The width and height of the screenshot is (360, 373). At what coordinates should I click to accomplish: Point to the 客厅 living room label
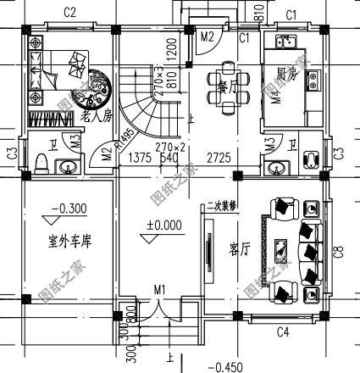pyautogui.click(x=239, y=250)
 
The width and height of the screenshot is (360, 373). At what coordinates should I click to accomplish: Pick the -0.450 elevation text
pyautogui.click(x=224, y=366)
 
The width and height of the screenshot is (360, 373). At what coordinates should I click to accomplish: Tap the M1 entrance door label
pyautogui.click(x=160, y=291)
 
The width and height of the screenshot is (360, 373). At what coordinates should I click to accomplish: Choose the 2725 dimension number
pyautogui.click(x=219, y=158)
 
